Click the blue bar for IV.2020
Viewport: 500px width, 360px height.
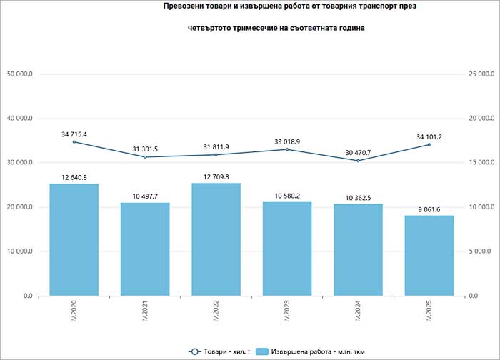click(x=74, y=239)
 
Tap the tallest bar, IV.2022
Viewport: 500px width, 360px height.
click(x=216, y=239)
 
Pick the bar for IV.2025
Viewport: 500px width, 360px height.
click(x=429, y=255)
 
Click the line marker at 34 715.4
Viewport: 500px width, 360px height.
click(x=74, y=141)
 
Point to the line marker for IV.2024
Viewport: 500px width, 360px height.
click(x=358, y=161)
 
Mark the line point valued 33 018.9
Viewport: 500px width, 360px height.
click(x=287, y=149)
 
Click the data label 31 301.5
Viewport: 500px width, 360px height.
click(x=145, y=149)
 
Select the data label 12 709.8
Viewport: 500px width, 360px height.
click(x=216, y=175)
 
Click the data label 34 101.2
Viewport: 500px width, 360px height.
click(x=429, y=136)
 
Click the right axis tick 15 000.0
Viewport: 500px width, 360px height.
click(x=479, y=163)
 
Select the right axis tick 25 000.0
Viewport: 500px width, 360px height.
click(x=479, y=74)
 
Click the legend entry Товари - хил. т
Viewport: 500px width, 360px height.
click(x=218, y=351)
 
